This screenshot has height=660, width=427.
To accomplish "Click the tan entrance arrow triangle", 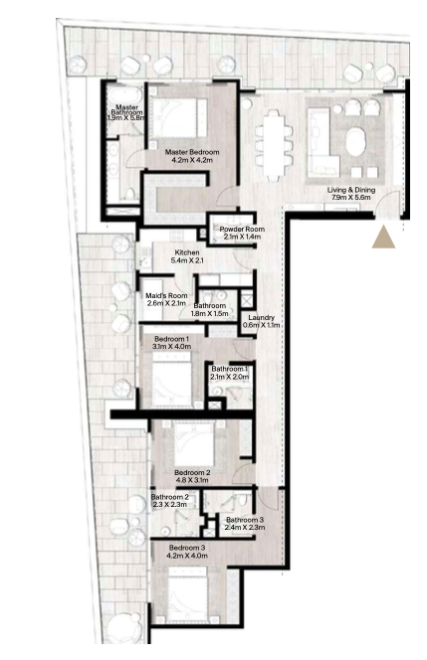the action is coord(383,239).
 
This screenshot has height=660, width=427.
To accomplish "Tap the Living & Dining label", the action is coord(351,190).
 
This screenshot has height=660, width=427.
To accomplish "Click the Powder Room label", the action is coord(242,229).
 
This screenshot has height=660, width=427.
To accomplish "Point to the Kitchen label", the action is coord(187,252).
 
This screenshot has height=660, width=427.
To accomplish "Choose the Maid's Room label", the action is coord(166,296).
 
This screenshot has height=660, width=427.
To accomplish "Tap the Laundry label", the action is coord(262,318).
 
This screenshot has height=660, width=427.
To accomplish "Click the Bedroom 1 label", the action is coord(171,339).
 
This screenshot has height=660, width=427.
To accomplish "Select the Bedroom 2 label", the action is coord(192,472).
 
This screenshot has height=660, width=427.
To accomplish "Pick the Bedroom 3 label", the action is coord(187,548).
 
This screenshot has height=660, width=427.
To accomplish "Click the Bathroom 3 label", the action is coord(245,520).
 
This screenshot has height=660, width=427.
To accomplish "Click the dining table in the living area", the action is coord(274,146).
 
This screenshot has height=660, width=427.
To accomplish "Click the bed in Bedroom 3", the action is coord(188,593).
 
